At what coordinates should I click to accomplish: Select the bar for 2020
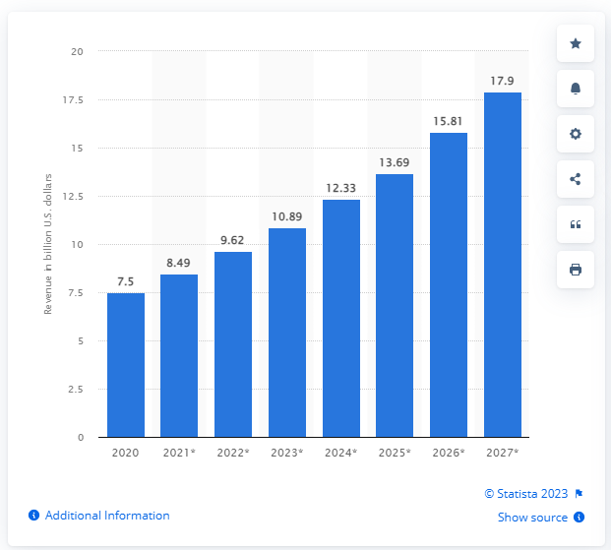point(126,365)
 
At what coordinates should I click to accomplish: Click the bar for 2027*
point(503,265)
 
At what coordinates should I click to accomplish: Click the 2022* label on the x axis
point(233,454)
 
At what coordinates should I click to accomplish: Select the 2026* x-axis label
point(449,454)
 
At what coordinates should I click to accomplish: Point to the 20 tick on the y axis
point(77,51)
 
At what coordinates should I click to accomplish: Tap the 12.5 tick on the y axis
point(72,196)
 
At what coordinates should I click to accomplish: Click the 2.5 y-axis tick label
point(75,389)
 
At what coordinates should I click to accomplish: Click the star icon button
point(576,43)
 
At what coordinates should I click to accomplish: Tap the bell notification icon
point(576,89)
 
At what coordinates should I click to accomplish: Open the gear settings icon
point(576,134)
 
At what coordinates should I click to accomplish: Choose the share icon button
point(576,179)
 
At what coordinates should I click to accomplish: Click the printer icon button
point(576,270)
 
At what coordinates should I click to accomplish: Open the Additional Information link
point(106,516)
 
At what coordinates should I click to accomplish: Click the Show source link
point(532,518)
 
